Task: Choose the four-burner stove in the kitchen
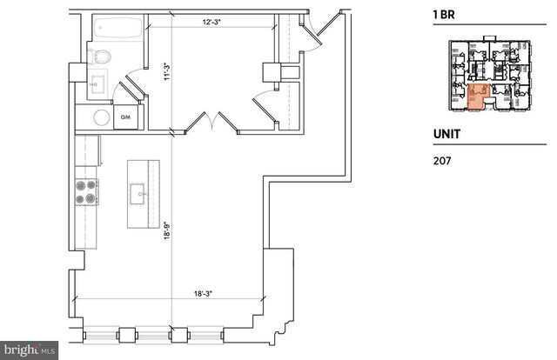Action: coord(87,190)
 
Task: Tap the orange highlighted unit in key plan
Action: coord(476,99)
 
